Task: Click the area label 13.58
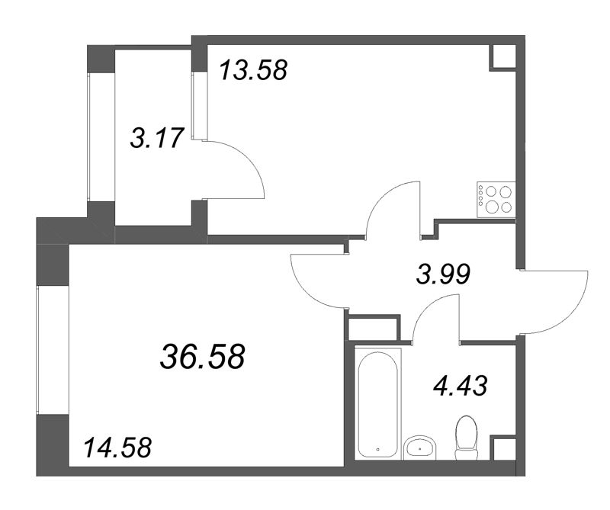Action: pos(253,70)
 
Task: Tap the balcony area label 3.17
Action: pos(157,138)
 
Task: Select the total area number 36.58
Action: pos(202,356)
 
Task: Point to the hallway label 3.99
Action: pos(443,274)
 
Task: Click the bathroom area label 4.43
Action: pos(461,387)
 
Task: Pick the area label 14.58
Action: pos(117,447)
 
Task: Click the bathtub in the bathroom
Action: pos(378,404)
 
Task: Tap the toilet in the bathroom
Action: pos(467,438)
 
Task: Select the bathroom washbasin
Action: pos(421,448)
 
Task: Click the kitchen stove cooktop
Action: pos(496,200)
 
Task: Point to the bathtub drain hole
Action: pos(377,449)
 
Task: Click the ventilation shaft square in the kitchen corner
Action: pos(502,57)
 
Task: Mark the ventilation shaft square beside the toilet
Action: pos(502,448)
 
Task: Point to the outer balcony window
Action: pos(89,137)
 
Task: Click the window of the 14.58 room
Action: pos(38,351)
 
